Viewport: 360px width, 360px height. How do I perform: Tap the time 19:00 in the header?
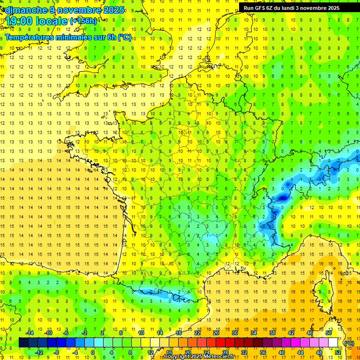tap(19, 21)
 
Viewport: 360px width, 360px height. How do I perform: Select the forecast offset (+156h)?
tap(83, 21)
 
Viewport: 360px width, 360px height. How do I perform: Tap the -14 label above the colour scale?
tap(30, 333)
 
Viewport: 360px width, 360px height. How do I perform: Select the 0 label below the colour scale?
tap(92, 352)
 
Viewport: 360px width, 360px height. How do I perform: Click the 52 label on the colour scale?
tap(337, 352)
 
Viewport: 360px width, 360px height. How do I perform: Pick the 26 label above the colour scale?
tap(216, 333)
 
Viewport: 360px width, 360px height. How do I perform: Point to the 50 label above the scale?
tap(328, 333)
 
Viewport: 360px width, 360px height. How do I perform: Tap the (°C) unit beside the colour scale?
tap(349, 343)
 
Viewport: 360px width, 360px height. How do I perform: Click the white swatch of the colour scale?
tap(333, 343)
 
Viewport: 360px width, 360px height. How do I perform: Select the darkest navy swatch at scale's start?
tap(23, 343)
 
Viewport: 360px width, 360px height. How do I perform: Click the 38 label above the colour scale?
tap(272, 333)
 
